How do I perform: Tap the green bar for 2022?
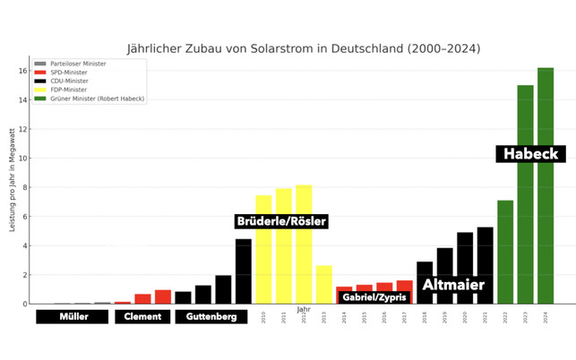[x=505, y=252]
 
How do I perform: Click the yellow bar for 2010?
[x=263, y=250]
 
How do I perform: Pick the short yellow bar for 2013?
[x=323, y=284]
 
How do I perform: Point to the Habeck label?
[x=530, y=154]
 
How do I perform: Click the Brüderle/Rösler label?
[x=280, y=221]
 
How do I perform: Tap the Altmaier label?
[x=453, y=286]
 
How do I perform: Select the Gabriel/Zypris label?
[x=374, y=297]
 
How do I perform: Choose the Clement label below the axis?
[x=142, y=317]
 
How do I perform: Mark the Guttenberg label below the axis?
[x=211, y=317]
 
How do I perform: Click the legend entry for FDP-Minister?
[x=69, y=90]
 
